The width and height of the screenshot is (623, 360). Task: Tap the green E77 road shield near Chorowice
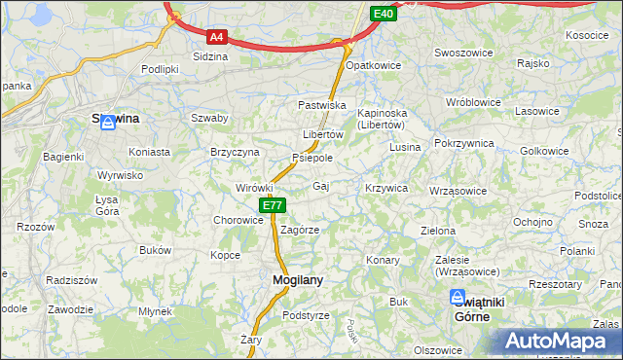[273, 205]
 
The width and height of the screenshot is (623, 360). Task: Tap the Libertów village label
[322, 134]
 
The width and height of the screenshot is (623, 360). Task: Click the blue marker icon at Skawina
[109, 121]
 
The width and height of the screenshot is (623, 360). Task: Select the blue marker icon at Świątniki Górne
[458, 300]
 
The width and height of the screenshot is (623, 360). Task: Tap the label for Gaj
[321, 185]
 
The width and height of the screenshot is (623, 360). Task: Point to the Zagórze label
[300, 230]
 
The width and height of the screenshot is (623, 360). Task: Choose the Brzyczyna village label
[235, 152]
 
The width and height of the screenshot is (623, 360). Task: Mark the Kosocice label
[586, 35]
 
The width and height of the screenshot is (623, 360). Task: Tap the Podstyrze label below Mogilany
[306, 315]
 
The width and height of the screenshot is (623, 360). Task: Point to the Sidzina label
[210, 57]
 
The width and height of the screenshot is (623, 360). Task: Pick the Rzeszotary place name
[555, 284]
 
